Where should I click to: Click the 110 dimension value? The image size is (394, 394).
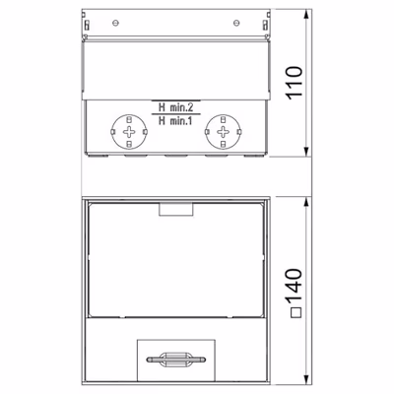(295, 83)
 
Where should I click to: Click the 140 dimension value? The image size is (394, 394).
(295, 285)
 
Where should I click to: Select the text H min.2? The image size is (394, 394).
(175, 107)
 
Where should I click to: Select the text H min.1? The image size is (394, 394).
(175, 121)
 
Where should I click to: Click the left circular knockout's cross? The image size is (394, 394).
(129, 132)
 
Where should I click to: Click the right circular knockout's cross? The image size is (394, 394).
(224, 132)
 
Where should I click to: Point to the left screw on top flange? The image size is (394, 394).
(115, 23)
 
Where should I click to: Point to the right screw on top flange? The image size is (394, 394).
(236, 23)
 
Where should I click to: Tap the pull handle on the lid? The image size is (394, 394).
(176, 360)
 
